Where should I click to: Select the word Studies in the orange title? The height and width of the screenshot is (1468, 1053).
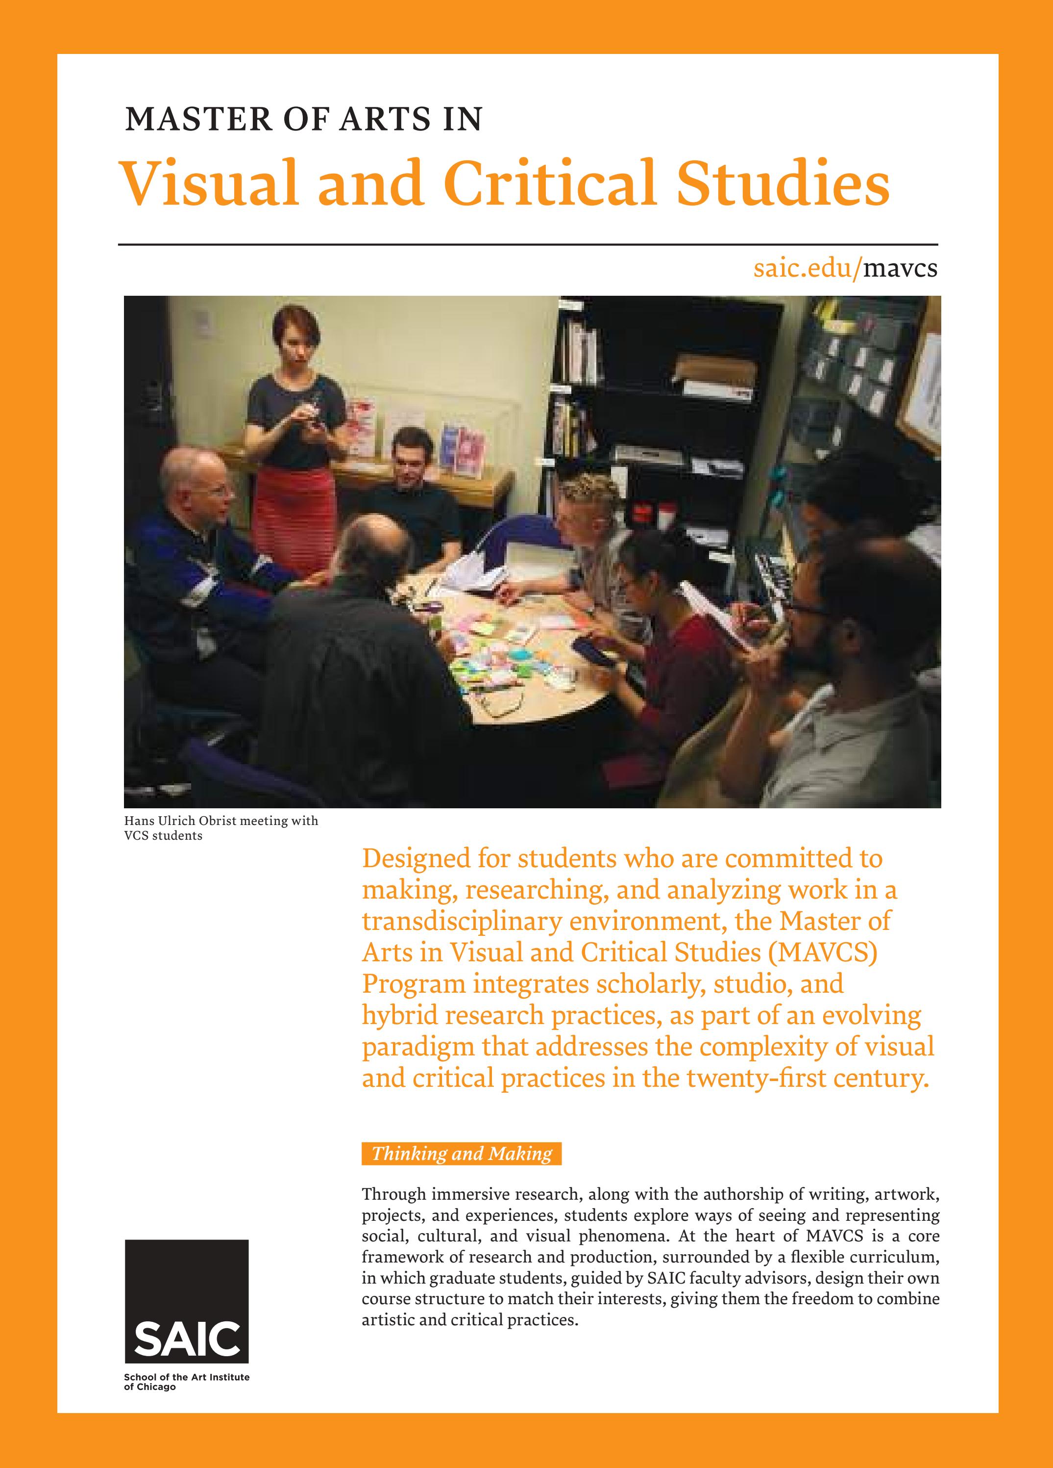point(782,184)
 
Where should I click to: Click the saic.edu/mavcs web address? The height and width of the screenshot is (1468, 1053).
point(845,268)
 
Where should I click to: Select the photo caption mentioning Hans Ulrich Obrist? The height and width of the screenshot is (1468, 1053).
point(221,828)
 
